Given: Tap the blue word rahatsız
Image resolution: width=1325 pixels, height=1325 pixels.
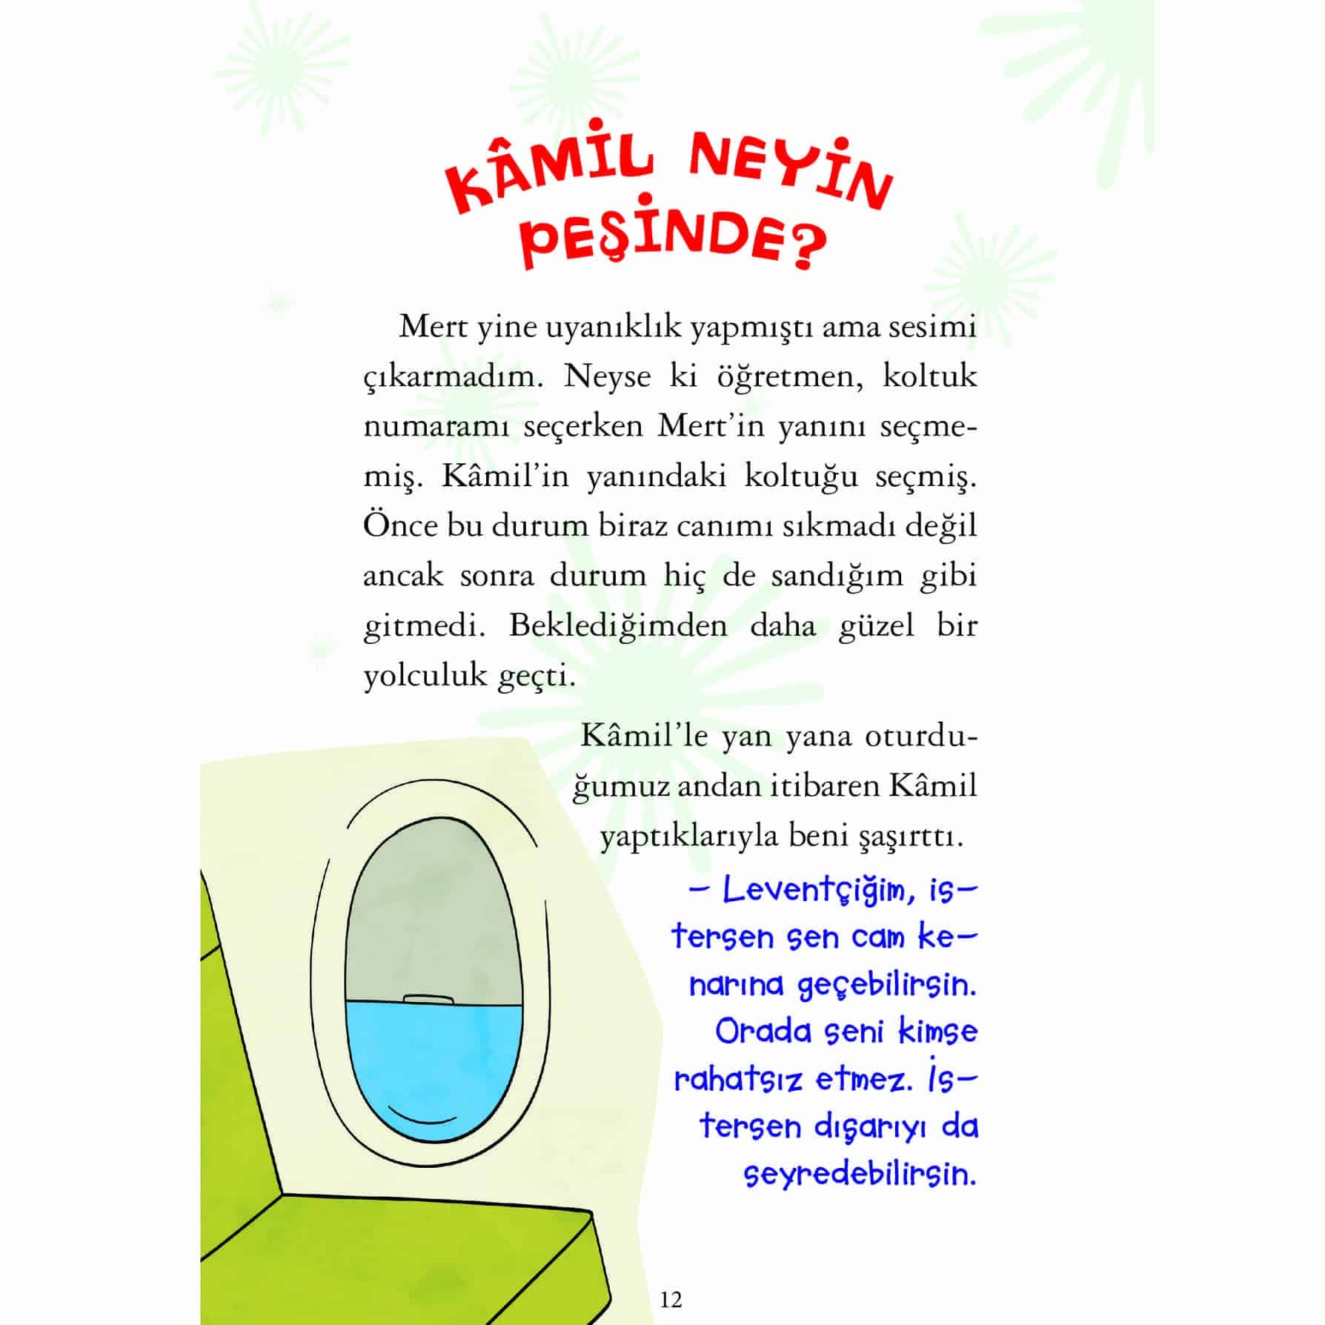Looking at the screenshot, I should tap(738, 1080).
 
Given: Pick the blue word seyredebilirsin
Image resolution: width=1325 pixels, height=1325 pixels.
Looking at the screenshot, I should tap(860, 1175).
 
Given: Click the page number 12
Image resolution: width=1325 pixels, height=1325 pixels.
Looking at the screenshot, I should tap(670, 1299).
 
